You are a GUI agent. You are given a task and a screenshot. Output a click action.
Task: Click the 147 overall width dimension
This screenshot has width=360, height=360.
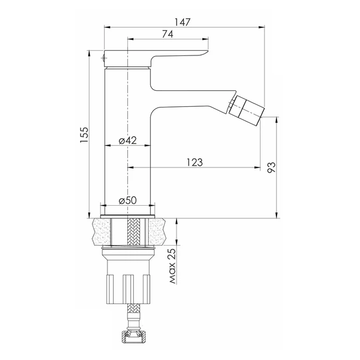pos(183,22)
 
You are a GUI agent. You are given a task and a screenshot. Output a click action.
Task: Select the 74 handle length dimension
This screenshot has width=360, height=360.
pos(167,34)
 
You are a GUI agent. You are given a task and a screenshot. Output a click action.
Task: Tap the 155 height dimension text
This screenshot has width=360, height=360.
pos(84,134)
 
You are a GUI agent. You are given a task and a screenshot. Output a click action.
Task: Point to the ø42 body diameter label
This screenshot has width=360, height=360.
pos(127,140)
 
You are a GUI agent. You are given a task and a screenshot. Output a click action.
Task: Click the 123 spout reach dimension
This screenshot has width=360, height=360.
pos(194,162)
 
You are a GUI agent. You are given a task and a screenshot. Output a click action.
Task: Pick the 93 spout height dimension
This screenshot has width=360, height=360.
pos(271,167)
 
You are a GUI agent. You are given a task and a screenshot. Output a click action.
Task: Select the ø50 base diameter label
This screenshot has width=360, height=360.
pos(127,201)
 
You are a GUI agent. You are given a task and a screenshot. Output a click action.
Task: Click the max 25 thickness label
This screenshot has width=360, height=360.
pos(172,266)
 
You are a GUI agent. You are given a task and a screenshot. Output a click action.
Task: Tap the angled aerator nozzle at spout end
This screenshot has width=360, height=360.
pos(247,107)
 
